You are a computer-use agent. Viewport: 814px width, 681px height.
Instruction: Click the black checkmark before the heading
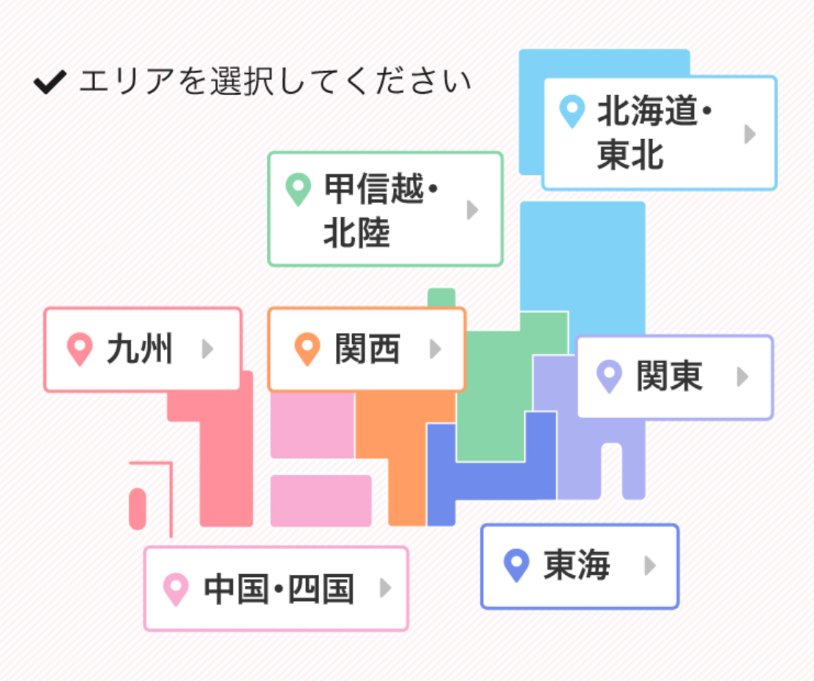(x=50, y=83)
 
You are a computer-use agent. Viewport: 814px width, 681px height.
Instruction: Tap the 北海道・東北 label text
(x=654, y=133)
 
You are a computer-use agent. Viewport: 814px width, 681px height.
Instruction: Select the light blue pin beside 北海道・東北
(x=572, y=111)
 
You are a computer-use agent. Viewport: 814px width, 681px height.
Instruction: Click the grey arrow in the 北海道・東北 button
(x=750, y=134)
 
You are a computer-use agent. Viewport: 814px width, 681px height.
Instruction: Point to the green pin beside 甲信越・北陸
(x=298, y=189)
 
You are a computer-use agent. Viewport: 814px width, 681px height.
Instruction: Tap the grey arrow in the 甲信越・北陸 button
(x=472, y=210)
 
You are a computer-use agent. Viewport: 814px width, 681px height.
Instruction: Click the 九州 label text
(x=140, y=349)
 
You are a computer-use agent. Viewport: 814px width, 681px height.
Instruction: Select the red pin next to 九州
(x=80, y=349)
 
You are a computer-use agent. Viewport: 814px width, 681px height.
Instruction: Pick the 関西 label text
(x=367, y=349)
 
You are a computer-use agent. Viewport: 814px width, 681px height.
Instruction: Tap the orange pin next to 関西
(x=307, y=349)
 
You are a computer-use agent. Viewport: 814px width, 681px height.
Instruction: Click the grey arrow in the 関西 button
(x=436, y=349)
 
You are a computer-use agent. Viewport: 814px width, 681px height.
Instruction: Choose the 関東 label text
(x=669, y=376)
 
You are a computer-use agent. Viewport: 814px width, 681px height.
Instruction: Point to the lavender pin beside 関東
(x=609, y=376)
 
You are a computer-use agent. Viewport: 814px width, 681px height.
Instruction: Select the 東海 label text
(x=577, y=565)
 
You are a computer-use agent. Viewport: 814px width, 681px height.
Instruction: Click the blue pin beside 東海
(x=517, y=566)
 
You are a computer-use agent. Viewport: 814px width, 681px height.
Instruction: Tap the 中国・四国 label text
(x=279, y=589)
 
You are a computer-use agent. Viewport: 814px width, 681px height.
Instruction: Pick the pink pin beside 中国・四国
(x=176, y=589)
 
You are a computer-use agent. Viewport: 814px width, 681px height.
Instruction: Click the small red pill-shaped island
(x=138, y=508)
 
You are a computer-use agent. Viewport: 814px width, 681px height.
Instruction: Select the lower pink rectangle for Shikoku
(x=321, y=501)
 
